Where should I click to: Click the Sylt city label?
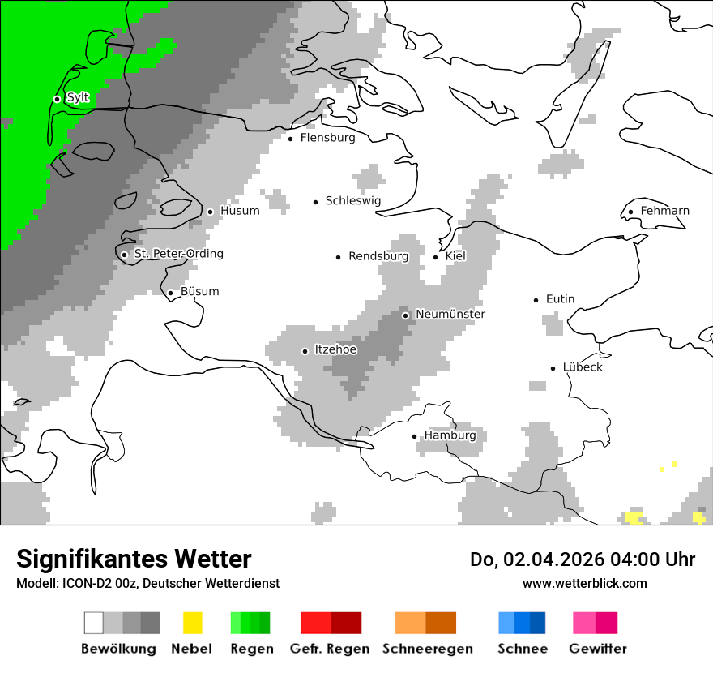(78, 97)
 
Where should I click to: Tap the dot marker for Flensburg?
(291, 139)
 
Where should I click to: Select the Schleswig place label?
(352, 201)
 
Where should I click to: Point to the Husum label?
(240, 211)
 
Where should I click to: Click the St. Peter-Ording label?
(178, 254)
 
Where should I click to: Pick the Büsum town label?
(199, 292)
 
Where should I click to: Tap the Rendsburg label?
(378, 256)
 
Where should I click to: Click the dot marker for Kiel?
(436, 257)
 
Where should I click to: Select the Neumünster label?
(450, 314)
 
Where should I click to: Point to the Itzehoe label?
(335, 350)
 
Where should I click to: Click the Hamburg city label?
(450, 435)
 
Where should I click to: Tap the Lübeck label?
(583, 367)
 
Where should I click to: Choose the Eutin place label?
(560, 299)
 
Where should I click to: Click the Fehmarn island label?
(664, 211)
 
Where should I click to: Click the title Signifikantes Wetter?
(134, 559)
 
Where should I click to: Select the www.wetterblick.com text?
(584, 583)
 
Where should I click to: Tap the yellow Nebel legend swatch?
(192, 623)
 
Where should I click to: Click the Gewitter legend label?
(597, 649)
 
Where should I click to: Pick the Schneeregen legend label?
(428, 649)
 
